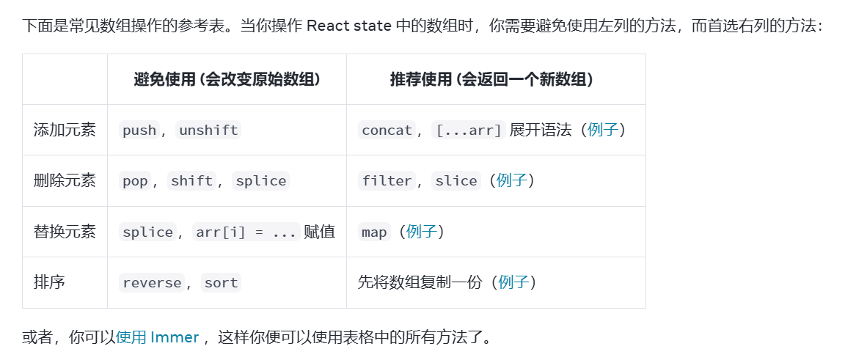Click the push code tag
click(x=139, y=131)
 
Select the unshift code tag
click(x=209, y=131)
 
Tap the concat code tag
click(x=387, y=131)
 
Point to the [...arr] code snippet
click(x=469, y=131)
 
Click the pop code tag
click(x=135, y=181)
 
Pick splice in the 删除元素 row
click(x=261, y=181)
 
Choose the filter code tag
click(x=387, y=181)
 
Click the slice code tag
click(x=456, y=181)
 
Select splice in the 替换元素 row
click(x=147, y=232)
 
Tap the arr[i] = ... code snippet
click(x=246, y=232)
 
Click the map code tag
click(x=374, y=232)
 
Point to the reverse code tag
click(x=152, y=283)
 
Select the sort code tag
click(x=221, y=283)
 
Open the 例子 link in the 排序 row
click(x=513, y=282)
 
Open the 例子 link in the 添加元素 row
click(x=603, y=130)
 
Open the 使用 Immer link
click(x=158, y=337)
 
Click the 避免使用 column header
click(x=227, y=80)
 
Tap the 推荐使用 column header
click(x=491, y=80)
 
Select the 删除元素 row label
click(x=65, y=180)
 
